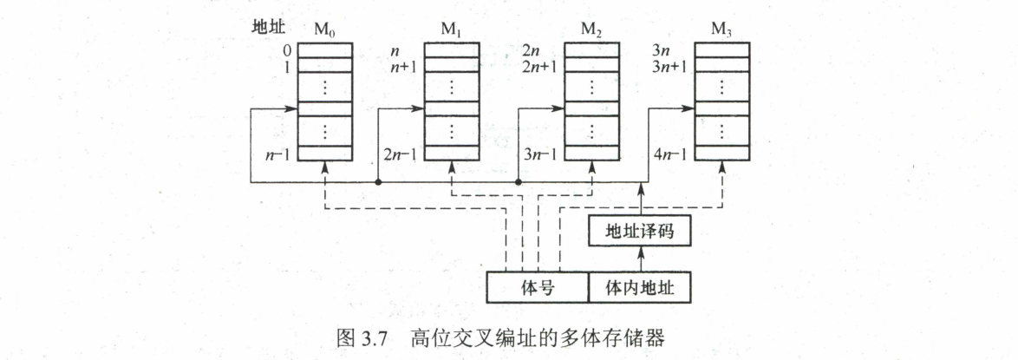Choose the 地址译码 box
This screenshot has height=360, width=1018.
click(x=640, y=232)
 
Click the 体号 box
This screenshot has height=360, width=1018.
click(x=538, y=288)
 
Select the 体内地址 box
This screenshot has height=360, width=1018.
click(x=640, y=288)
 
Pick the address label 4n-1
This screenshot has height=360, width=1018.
click(x=670, y=155)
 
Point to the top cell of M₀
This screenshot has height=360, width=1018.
click(x=325, y=49)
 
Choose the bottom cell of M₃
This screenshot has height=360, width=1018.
click(x=721, y=153)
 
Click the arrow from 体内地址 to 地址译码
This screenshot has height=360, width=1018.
click(x=640, y=259)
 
